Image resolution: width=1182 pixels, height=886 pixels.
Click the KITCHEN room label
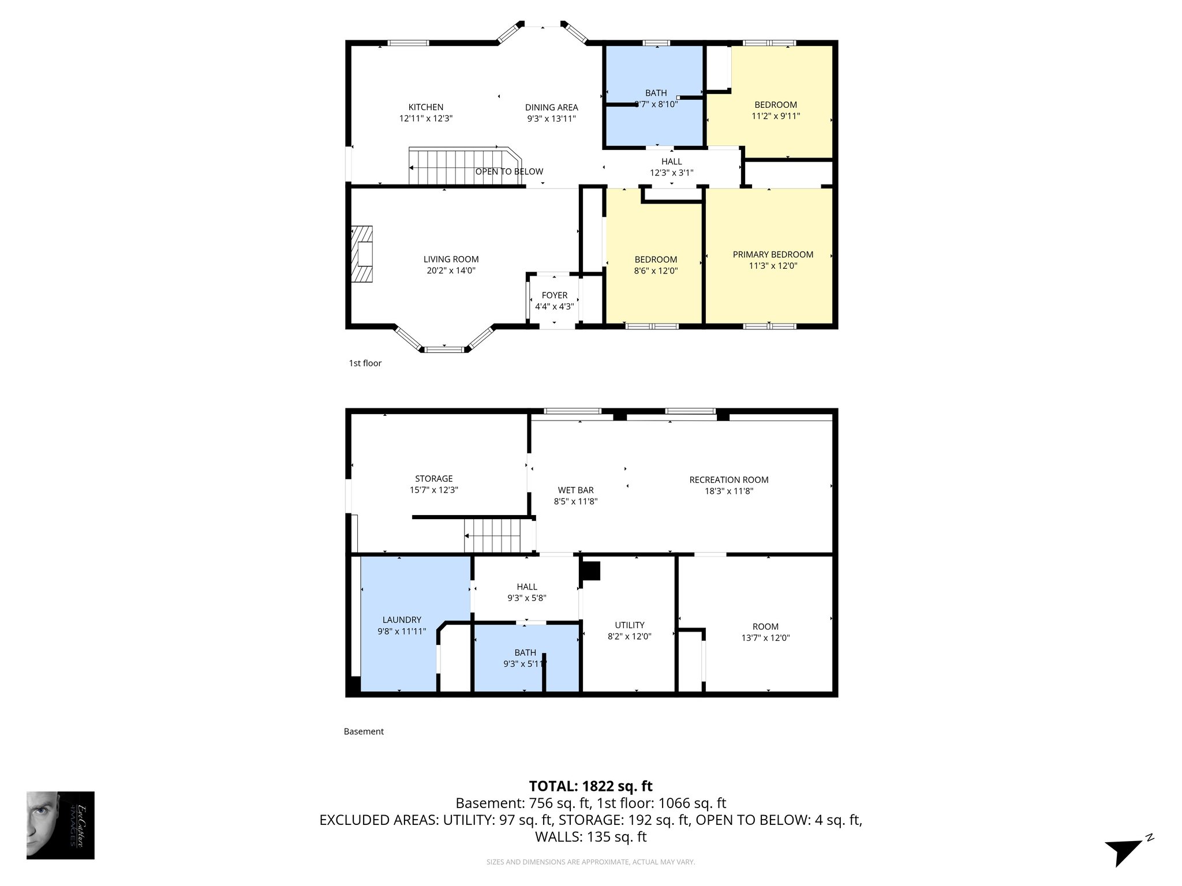pos(426,107)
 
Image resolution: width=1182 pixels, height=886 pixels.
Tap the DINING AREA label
pos(551,107)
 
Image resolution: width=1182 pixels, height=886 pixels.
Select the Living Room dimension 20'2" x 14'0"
pos(451,271)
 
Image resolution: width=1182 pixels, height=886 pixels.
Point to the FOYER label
pos(554,295)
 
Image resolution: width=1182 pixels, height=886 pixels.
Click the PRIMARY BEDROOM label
pos(773,254)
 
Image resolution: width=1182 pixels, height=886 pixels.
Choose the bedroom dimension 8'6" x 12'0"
pos(656,271)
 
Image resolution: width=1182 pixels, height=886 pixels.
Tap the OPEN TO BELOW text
pos(509,171)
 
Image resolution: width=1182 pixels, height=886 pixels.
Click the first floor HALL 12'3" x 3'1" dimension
pos(671,172)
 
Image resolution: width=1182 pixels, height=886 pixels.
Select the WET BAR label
pos(575,490)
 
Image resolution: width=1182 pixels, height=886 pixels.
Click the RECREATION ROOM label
pos(728,480)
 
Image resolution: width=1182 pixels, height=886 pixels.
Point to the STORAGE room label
pos(433,479)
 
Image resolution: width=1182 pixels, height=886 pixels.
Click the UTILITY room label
pos(629,625)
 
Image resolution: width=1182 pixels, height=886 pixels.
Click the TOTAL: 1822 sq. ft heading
pos(590,786)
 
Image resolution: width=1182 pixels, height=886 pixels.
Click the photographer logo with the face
pos(60,825)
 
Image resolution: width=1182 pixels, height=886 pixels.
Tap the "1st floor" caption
pos(365,363)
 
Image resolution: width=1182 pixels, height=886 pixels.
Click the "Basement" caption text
pos(364,731)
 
